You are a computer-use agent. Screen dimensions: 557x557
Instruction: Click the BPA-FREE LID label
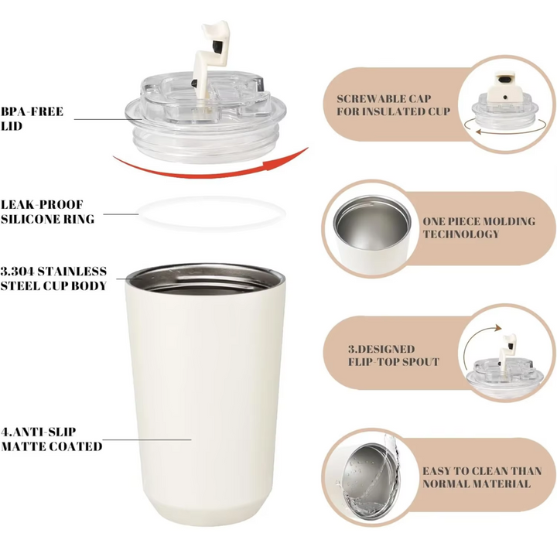pos(32,118)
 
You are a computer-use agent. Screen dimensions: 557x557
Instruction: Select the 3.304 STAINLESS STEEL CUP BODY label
pos(54,278)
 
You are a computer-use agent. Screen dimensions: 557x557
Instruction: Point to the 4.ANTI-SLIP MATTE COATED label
pos(52,439)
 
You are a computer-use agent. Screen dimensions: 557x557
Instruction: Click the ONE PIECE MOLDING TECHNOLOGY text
pos(477,227)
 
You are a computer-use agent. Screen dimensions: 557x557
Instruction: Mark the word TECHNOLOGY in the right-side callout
pos(460,234)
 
